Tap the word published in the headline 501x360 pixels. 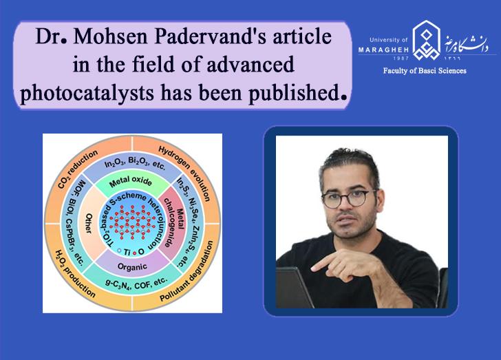[x=289, y=92]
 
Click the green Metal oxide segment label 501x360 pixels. [x=128, y=181]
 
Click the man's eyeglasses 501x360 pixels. [x=348, y=198]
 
